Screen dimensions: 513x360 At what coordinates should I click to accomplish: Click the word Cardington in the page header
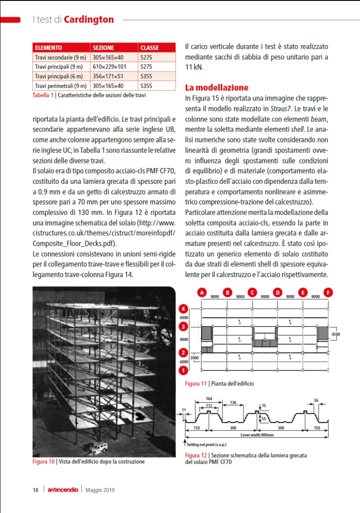(89, 19)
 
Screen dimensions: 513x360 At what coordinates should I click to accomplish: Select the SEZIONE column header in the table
(103, 47)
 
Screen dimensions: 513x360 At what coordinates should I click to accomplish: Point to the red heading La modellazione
(217, 87)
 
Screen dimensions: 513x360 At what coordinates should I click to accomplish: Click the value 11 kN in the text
(194, 67)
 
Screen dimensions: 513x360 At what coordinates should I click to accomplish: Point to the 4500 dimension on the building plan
(336, 334)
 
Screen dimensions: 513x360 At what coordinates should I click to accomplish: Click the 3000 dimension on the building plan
(194, 358)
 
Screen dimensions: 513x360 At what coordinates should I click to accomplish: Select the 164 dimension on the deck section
(209, 399)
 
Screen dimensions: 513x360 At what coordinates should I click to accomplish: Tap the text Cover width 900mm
(257, 435)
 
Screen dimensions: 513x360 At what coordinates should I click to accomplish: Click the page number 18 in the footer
(35, 490)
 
